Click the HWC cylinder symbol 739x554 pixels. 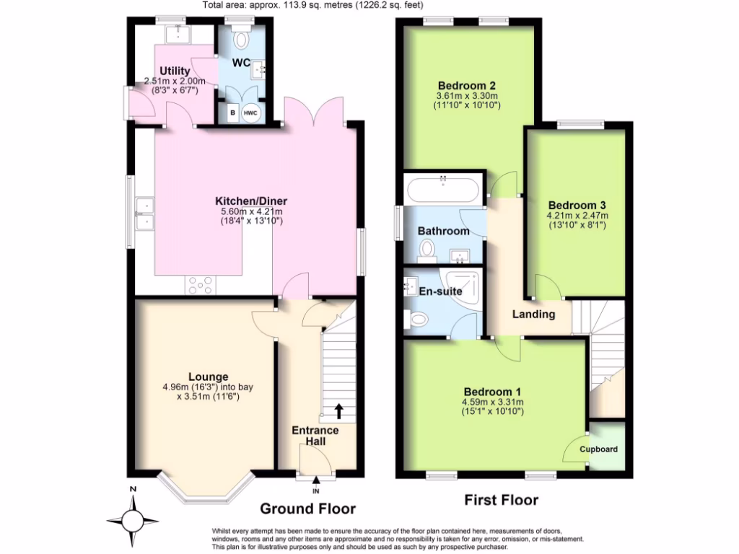click(250, 113)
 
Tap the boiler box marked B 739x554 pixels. click(232, 113)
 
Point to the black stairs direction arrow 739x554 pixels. click(338, 412)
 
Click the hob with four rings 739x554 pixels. click(198, 286)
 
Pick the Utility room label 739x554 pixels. click(175, 71)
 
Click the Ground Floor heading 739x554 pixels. click(307, 509)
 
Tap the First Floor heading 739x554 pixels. click(502, 500)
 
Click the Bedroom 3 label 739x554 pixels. click(577, 204)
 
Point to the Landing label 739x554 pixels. click(533, 314)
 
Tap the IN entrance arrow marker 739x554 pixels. click(316, 484)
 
